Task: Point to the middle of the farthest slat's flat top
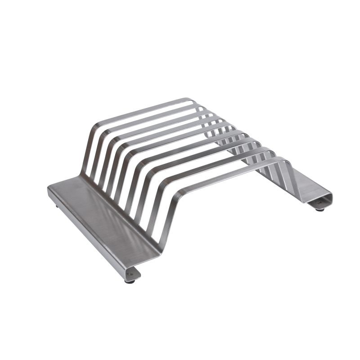point(144,110)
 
